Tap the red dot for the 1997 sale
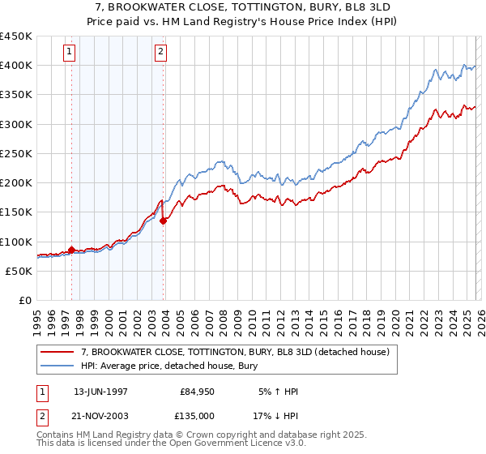[71, 251]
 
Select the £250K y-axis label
[16, 153]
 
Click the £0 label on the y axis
[24, 300]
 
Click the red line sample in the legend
[58, 352]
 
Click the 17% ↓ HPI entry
[277, 416]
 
